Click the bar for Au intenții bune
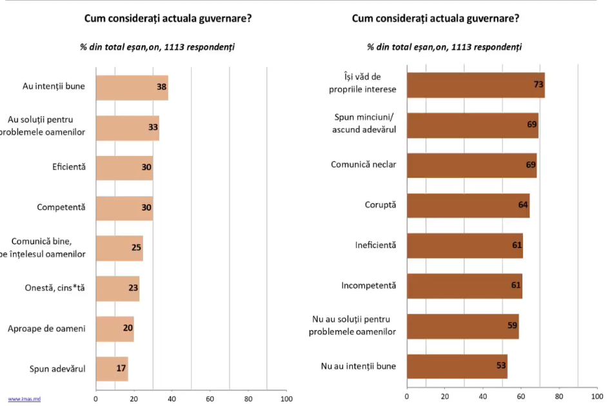[132, 87]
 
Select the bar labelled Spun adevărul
[112, 369]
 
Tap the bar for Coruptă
[468, 205]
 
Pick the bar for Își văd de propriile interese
[475, 84]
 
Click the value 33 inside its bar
[153, 128]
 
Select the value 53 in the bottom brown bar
[501, 366]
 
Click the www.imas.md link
[21, 400]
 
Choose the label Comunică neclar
[364, 165]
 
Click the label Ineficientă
[375, 246]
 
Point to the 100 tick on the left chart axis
[286, 399]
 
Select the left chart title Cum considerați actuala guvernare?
[168, 18]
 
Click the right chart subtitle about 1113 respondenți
[444, 47]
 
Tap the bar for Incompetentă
[464, 285]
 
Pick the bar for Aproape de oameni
[115, 329]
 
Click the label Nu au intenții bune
[359, 366]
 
